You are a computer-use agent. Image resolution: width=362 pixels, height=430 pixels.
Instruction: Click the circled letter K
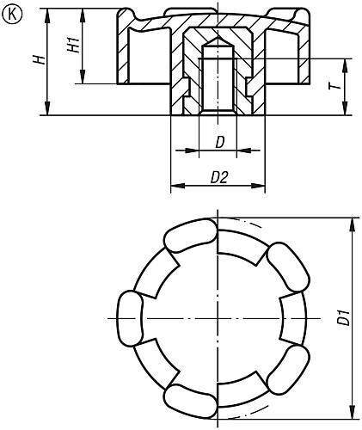[12, 15]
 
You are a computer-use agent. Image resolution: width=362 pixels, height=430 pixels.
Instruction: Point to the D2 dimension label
[219, 177]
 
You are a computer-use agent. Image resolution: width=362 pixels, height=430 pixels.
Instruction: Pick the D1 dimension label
[343, 317]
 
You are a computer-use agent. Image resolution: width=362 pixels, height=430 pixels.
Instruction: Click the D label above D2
[219, 142]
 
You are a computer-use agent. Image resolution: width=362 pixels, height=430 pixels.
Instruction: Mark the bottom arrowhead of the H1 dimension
[83, 77]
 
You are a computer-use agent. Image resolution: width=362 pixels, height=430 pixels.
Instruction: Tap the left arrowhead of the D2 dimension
[178, 186]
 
